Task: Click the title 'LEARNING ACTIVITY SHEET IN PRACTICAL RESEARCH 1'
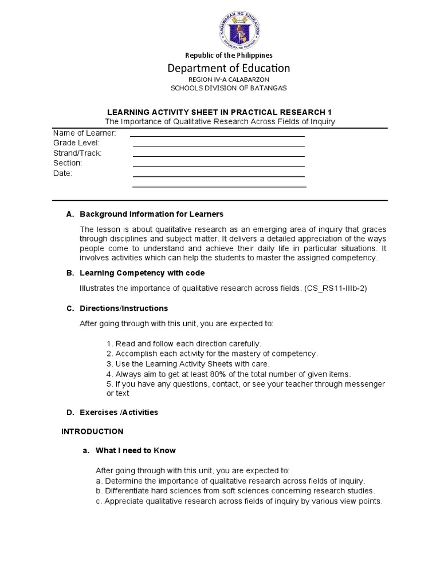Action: pyautogui.click(x=220, y=112)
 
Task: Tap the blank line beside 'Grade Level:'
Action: pyautogui.click(x=218, y=146)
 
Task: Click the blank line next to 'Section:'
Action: pyautogui.click(x=218, y=166)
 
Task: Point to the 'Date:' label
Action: pyautogui.click(x=62, y=173)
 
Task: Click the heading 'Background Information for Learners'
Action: pyautogui.click(x=151, y=214)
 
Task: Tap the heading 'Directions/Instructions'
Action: pyautogui.click(x=124, y=308)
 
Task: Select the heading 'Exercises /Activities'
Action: pyautogui.click(x=119, y=412)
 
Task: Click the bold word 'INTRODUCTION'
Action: pyautogui.click(x=92, y=431)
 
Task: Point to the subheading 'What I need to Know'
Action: pyautogui.click(x=136, y=450)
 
